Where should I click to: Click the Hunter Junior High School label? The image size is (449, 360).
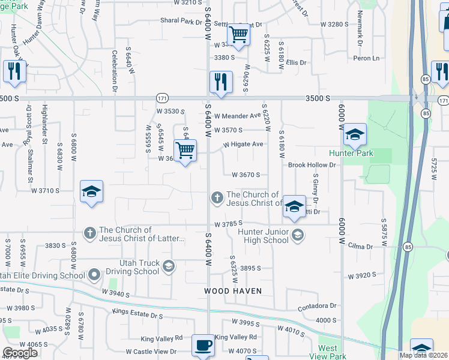click(263, 236)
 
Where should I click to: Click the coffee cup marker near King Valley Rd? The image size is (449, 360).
click(203, 346)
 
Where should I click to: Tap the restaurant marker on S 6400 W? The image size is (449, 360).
click(221, 82)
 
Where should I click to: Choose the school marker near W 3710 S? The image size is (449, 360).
click(91, 192)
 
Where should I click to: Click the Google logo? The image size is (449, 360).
click(19, 353)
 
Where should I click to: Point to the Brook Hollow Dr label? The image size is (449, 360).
click(312, 164)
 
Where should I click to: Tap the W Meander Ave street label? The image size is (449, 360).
click(238, 115)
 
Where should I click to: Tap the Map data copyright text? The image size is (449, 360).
click(424, 355)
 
